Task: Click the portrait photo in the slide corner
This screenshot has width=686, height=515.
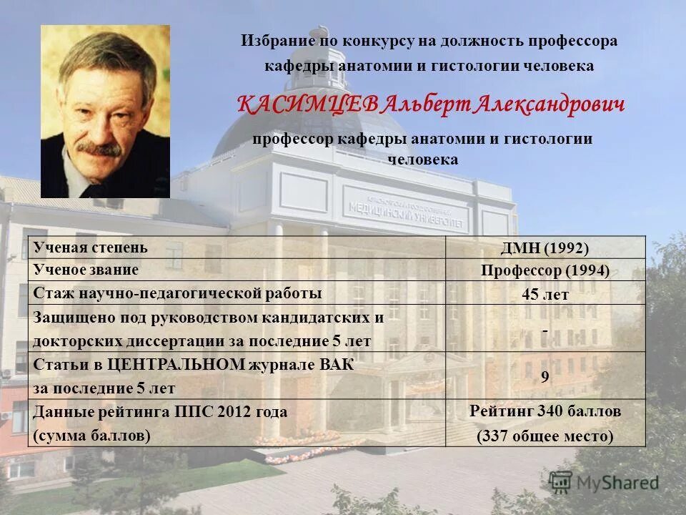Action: pyautogui.click(x=105, y=112)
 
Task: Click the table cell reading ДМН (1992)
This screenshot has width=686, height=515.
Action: pyautogui.click(x=545, y=248)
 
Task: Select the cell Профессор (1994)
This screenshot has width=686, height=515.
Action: pyautogui.click(x=545, y=270)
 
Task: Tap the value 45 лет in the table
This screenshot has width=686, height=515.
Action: pyautogui.click(x=545, y=293)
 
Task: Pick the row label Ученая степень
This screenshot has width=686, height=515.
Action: pyautogui.click(x=91, y=247)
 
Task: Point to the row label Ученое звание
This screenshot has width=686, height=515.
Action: pyautogui.click(x=86, y=270)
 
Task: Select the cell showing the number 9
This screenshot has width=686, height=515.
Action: pyautogui.click(x=545, y=376)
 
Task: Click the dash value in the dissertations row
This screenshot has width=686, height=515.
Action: pyautogui.click(x=545, y=330)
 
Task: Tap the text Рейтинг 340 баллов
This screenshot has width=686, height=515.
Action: pyautogui.click(x=545, y=411)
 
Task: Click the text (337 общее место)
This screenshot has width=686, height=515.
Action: pyautogui.click(x=545, y=436)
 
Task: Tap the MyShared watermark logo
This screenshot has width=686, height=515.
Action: pyautogui.click(x=605, y=482)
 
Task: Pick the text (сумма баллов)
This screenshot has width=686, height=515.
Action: pyautogui.click(x=92, y=436)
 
